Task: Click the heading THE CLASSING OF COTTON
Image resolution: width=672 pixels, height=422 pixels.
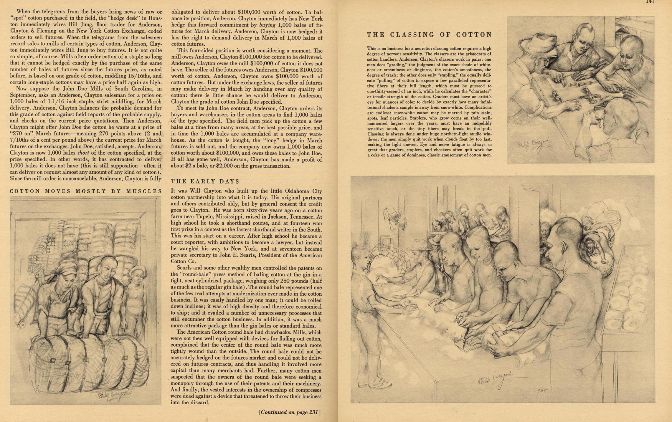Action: pyautogui.click(x=429, y=35)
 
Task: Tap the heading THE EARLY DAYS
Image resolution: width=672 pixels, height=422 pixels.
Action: pyautogui.click(x=205, y=181)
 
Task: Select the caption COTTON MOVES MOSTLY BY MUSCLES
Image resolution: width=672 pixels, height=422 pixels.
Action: pyautogui.click(x=86, y=191)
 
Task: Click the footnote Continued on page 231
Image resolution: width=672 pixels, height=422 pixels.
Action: pyautogui.click(x=289, y=412)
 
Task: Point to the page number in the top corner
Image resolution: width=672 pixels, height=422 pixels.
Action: pyautogui.click(x=650, y=2)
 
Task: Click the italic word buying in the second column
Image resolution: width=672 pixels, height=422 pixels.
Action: pyautogui.click(x=267, y=25)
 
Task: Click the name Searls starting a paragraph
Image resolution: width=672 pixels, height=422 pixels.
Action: pyautogui.click(x=184, y=268)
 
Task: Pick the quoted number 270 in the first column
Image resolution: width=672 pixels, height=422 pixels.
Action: pyautogui.click(x=18, y=133)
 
